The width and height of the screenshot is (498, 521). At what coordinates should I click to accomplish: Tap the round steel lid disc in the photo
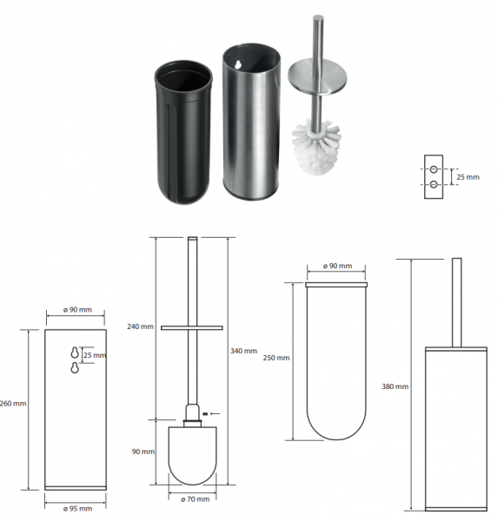317,76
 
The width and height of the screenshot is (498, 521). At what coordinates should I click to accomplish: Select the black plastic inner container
183,132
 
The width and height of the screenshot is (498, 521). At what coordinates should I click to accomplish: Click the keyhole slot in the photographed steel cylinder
237,65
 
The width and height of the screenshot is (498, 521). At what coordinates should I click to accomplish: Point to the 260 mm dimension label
13,404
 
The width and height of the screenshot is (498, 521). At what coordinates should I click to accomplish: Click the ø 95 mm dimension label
77,509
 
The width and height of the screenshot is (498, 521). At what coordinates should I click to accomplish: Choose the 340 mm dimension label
243,351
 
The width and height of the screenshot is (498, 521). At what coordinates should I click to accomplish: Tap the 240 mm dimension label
140,326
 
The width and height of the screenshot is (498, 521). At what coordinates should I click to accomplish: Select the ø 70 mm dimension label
196,499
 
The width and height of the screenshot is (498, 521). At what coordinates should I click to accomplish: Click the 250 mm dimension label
276,358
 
